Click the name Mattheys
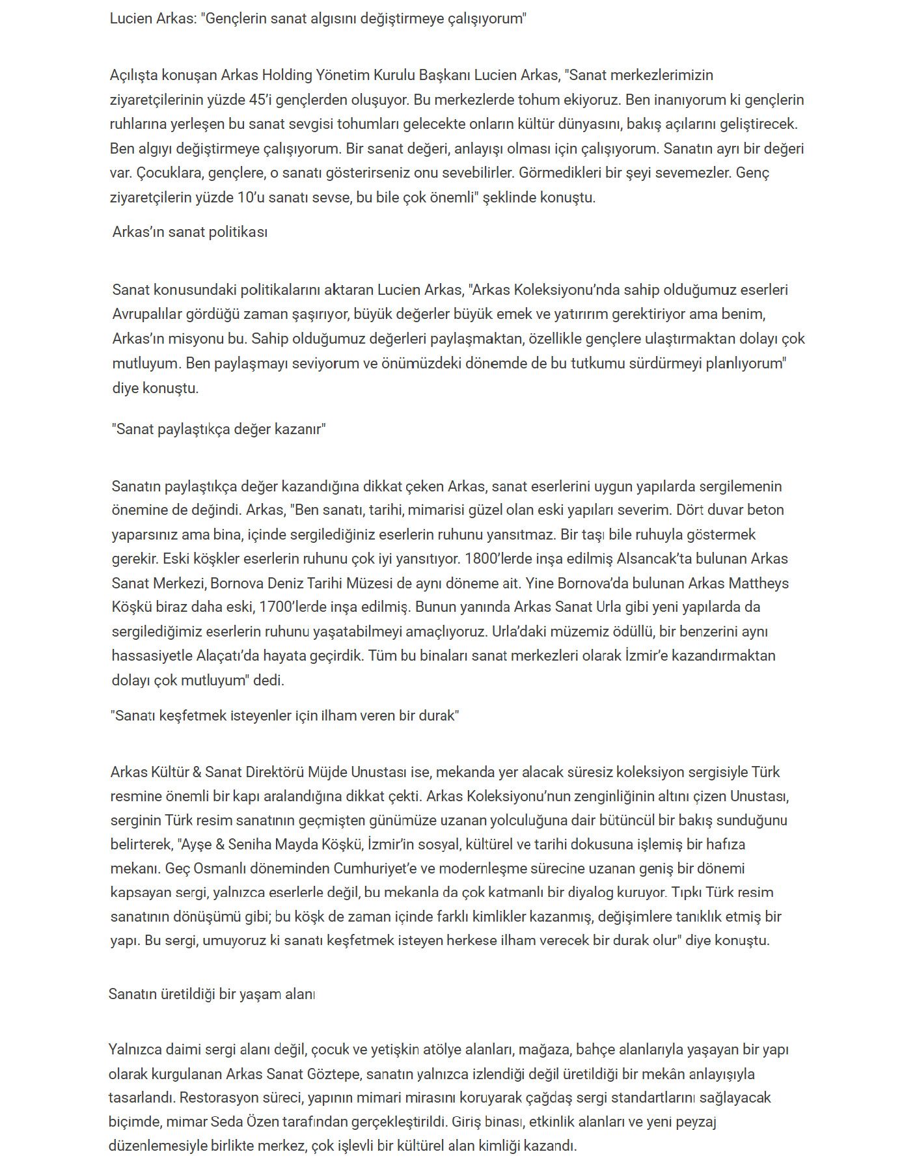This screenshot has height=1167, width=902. click(x=758, y=583)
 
